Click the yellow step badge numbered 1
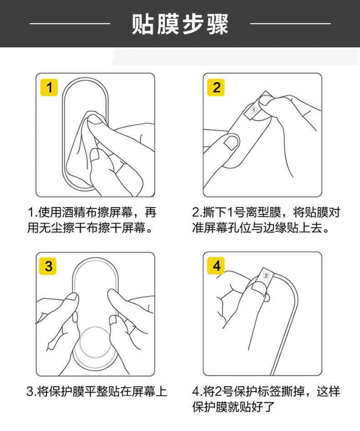pyautogui.click(x=49, y=87)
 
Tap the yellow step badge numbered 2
pyautogui.click(x=216, y=87)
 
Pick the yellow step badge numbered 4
pyautogui.click(x=216, y=266)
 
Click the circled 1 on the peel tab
pyautogui.click(x=254, y=110)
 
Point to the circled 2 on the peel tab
pyautogui.click(x=266, y=276)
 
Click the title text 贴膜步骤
pyautogui.click(x=180, y=24)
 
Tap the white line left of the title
pyautogui.click(x=70, y=24)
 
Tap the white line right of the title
pyautogui.click(x=290, y=24)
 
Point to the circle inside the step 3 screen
pyautogui.click(x=95, y=342)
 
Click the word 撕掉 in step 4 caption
pyautogui.click(x=293, y=391)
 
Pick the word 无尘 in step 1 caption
pyautogui.click(x=51, y=228)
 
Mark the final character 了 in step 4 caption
pyautogui.click(x=269, y=407)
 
